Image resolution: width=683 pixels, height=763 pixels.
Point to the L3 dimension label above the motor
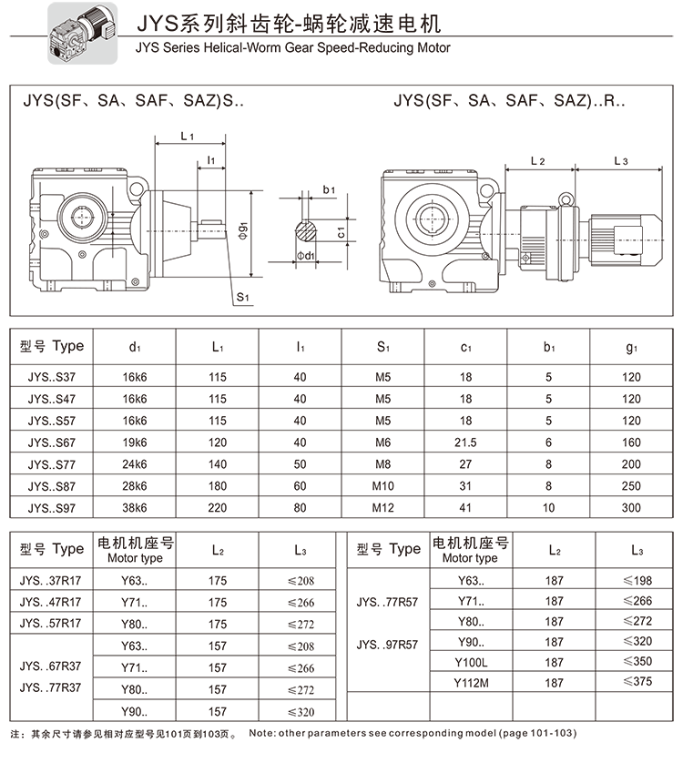(621, 161)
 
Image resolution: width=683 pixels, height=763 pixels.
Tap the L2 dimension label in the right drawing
(537, 161)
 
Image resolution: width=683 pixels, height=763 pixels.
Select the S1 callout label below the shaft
(242, 298)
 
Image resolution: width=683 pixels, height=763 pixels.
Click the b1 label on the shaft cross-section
(329, 189)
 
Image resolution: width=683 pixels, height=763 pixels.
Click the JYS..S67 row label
(54, 442)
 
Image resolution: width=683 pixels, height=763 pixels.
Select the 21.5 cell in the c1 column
(465, 442)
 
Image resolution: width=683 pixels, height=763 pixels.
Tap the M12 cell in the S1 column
(383, 507)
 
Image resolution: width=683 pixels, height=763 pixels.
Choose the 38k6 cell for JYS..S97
(135, 507)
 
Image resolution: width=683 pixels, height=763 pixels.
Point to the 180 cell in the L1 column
(217, 485)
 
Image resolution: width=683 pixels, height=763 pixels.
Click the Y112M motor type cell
(471, 682)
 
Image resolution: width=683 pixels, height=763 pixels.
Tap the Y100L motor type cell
(471, 662)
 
